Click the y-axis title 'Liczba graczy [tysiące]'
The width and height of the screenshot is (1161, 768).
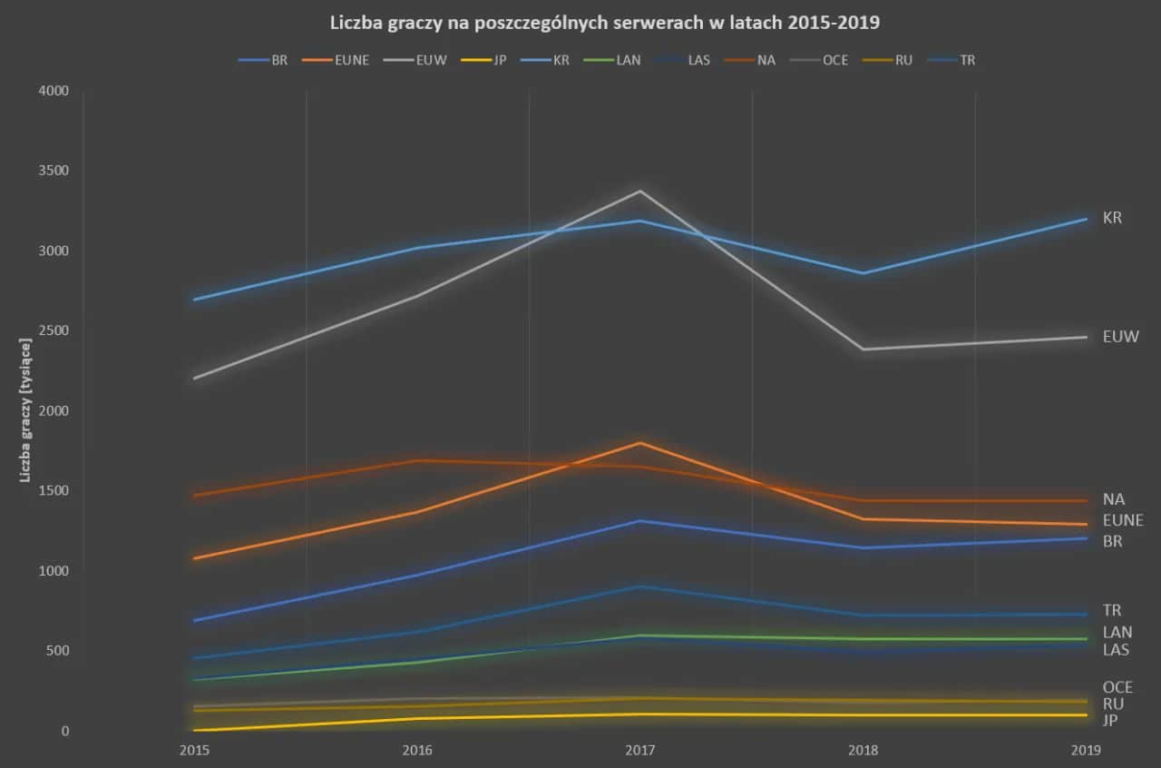click(27, 411)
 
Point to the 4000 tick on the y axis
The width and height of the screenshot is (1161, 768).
click(54, 91)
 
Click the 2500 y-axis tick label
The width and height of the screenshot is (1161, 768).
click(54, 330)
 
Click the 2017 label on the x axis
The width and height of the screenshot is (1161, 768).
click(639, 751)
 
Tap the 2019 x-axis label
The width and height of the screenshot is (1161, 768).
click(1086, 751)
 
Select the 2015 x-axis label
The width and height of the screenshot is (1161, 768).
click(194, 751)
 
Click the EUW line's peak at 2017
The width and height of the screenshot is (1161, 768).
click(640, 191)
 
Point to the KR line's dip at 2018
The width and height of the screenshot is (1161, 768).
click(863, 273)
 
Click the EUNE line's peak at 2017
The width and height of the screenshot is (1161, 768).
click(640, 443)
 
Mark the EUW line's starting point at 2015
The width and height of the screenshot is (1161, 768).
click(195, 378)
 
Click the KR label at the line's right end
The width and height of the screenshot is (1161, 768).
click(1112, 218)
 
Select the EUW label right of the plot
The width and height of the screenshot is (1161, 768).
click(1120, 337)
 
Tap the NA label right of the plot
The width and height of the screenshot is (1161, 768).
click(1113, 499)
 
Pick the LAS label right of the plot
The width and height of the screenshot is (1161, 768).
click(1116, 650)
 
